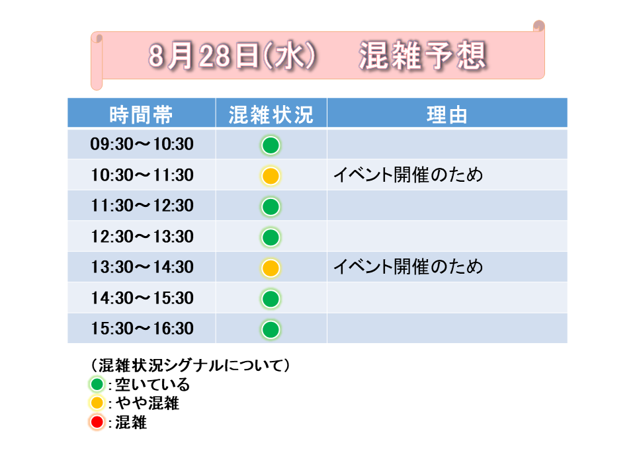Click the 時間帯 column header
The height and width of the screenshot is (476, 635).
click(x=142, y=115)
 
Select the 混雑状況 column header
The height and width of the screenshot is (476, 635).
click(x=271, y=115)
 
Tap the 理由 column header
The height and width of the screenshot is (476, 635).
click(x=447, y=115)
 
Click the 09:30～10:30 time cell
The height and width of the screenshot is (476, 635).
click(x=142, y=144)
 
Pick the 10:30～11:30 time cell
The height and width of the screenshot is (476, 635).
click(x=142, y=175)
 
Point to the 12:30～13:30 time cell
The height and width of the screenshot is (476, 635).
click(x=142, y=237)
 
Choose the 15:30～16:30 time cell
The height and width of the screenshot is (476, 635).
click(x=142, y=329)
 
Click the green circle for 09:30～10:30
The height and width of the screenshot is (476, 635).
click(x=271, y=145)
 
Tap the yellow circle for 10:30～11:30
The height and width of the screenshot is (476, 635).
click(x=271, y=176)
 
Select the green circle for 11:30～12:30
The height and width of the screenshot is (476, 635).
click(x=271, y=207)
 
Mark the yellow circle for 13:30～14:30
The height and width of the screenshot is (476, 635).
click(x=271, y=268)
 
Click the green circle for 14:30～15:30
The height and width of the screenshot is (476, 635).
click(x=271, y=299)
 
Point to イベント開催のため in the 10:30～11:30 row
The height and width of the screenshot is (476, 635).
click(x=408, y=175)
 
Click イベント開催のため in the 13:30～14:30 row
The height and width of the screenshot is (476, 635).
click(x=408, y=266)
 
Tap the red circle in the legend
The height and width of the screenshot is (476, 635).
click(x=97, y=422)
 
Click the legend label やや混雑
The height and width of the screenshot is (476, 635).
click(x=148, y=403)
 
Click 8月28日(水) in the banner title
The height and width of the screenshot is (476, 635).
click(x=232, y=56)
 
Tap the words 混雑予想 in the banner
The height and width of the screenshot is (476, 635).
click(x=423, y=56)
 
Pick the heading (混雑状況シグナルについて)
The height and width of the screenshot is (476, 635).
click(x=190, y=365)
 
